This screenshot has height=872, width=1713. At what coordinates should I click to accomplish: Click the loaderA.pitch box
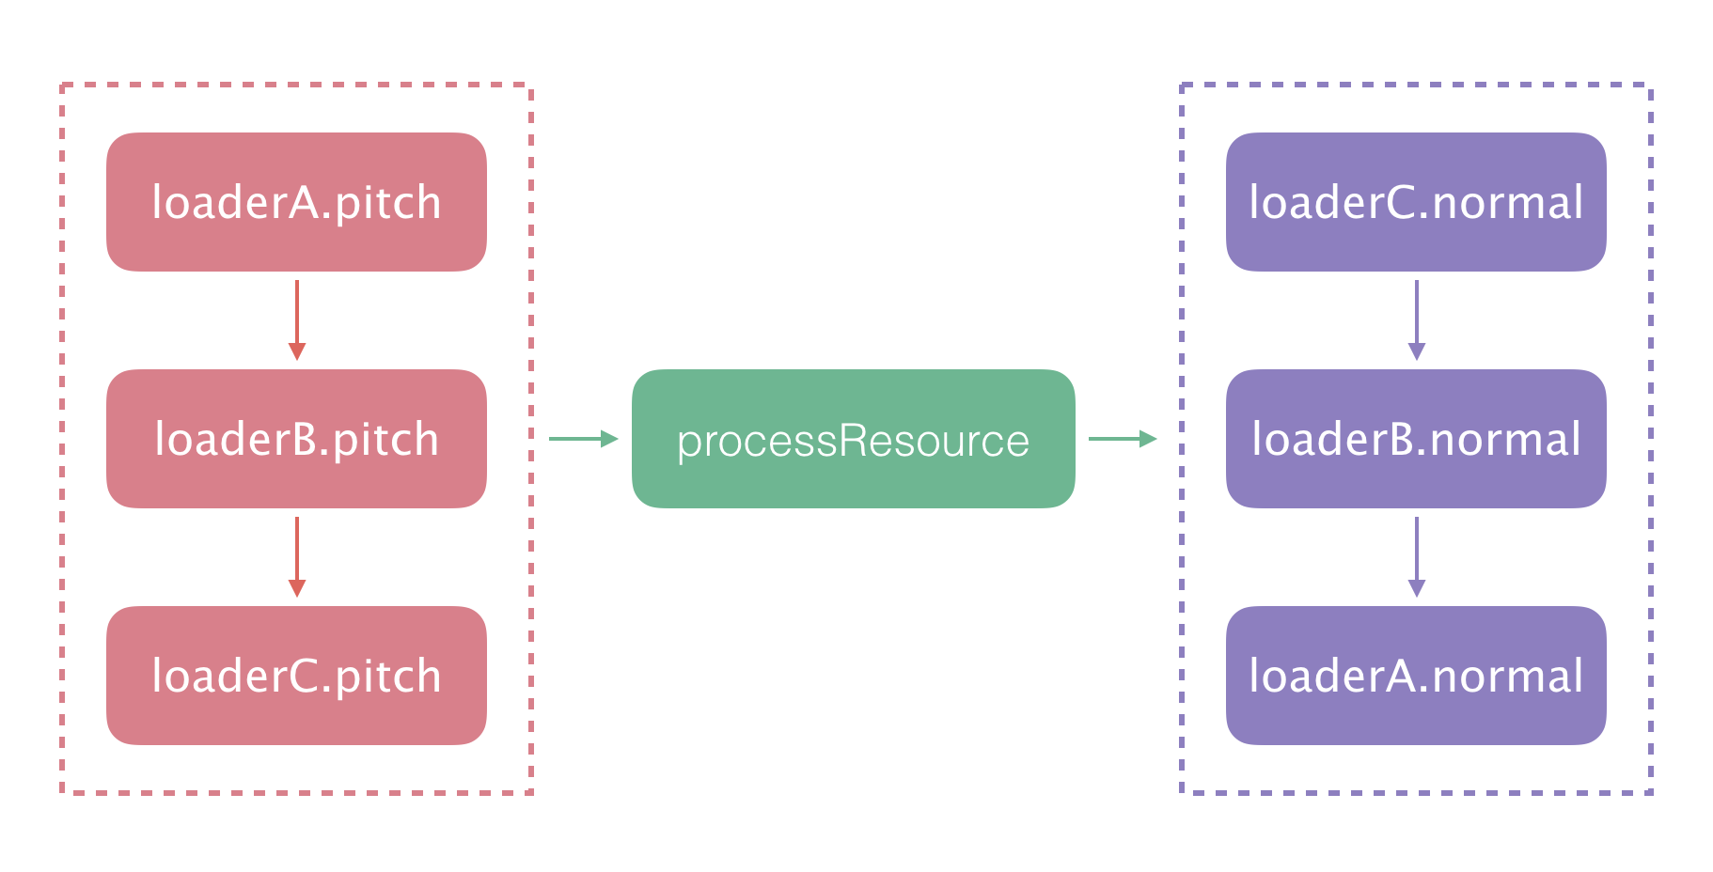pyautogui.click(x=296, y=202)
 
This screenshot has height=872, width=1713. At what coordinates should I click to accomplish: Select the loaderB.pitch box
pyautogui.click(x=296, y=439)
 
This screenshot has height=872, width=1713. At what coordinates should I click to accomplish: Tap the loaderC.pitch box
pyautogui.click(x=296, y=676)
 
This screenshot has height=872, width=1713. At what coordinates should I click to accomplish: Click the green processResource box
pyautogui.click(x=853, y=439)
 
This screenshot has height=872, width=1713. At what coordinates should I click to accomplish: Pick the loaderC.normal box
pyautogui.click(x=1416, y=202)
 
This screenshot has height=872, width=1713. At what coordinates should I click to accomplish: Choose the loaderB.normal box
pyautogui.click(x=1416, y=439)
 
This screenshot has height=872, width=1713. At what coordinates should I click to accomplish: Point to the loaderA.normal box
pyautogui.click(x=1416, y=676)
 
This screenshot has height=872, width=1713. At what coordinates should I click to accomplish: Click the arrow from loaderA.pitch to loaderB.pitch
pyautogui.click(x=297, y=319)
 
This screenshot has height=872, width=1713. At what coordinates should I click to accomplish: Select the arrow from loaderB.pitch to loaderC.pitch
pyautogui.click(x=297, y=556)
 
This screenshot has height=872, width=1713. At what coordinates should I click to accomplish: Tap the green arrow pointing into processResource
pyautogui.click(x=583, y=439)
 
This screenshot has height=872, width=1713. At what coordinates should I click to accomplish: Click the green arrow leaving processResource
pyautogui.click(x=1123, y=439)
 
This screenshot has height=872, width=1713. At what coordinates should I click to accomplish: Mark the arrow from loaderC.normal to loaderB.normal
pyautogui.click(x=1417, y=319)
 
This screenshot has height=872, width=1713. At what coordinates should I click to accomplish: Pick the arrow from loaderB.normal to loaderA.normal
pyautogui.click(x=1417, y=556)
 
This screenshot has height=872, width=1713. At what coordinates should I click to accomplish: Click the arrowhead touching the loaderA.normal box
pyautogui.click(x=1417, y=588)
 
